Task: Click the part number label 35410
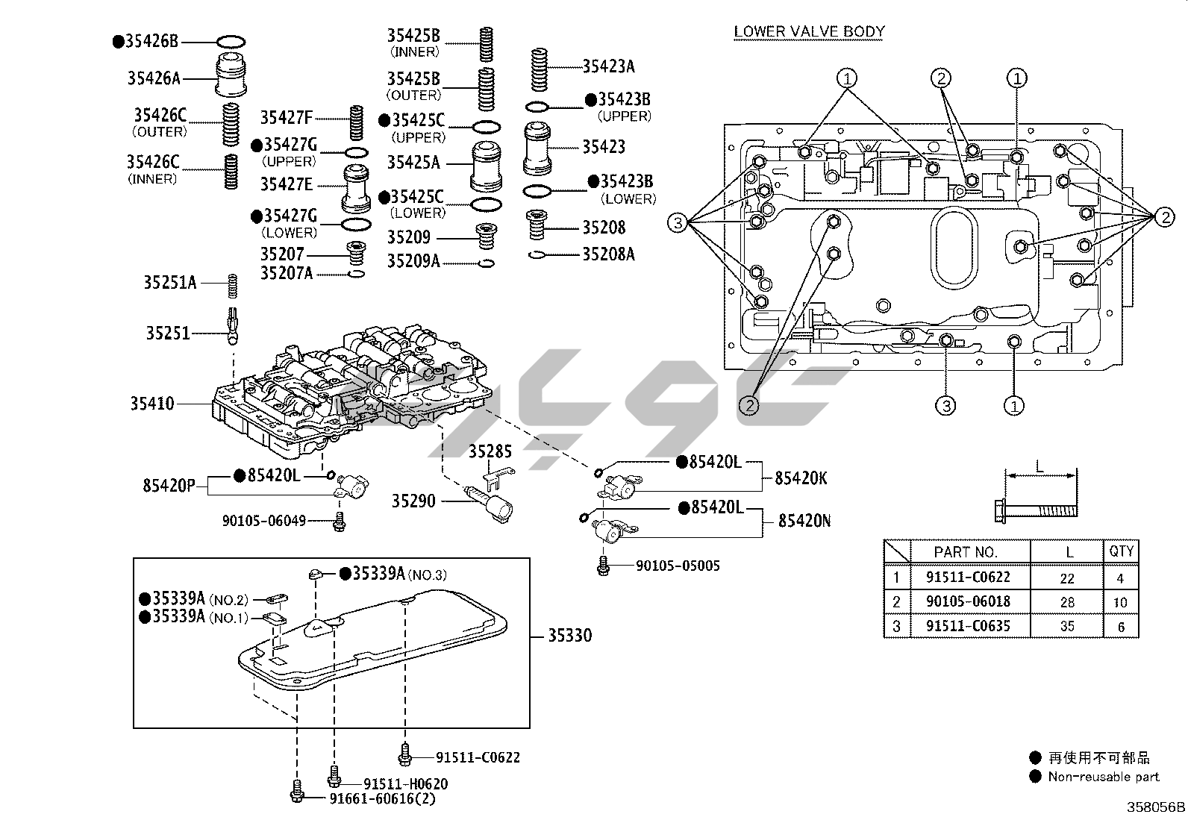151,404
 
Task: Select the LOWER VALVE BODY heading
809,31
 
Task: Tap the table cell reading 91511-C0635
968,625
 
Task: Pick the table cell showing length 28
1067,601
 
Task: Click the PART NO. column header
965,552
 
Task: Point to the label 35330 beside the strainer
569,636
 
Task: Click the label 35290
413,501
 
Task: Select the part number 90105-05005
678,566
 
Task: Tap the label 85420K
801,478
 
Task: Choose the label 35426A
154,78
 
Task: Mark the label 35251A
169,283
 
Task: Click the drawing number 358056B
1155,807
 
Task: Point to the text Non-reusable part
1104,777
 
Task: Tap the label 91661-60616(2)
383,798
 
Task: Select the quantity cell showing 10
1121,602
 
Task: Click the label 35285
490,451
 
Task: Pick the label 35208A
608,254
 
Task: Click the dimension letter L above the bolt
1040,467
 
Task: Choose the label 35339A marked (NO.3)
378,573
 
